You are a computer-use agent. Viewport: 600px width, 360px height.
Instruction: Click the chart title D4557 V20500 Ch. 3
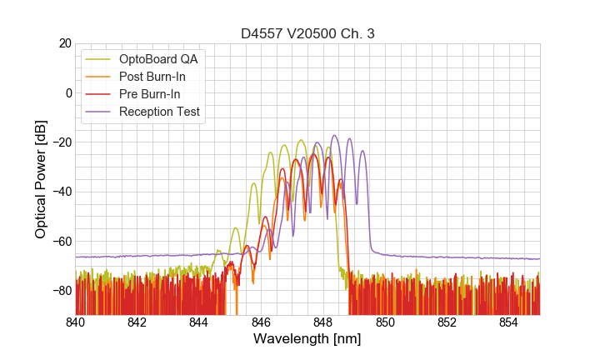[307, 34]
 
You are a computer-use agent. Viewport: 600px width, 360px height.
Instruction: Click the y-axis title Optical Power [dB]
[40, 179]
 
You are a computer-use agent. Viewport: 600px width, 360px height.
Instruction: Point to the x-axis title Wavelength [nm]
[307, 340]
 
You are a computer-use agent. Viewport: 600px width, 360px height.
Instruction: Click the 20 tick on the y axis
[64, 43]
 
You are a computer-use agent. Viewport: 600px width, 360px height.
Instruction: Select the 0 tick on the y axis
[67, 92]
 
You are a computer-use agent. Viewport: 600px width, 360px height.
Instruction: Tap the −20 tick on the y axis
[61, 142]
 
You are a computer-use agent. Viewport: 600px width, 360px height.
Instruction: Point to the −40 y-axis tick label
[61, 192]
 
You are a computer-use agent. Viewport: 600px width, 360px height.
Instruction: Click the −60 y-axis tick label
[61, 242]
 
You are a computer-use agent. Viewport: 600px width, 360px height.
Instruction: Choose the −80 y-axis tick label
[61, 291]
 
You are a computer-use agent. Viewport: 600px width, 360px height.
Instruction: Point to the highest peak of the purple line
[335, 135]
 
